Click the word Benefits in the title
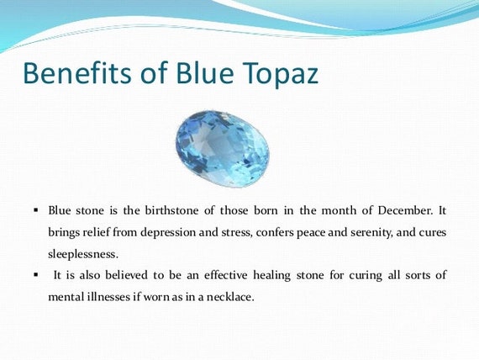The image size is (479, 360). [77, 73]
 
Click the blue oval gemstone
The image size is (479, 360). [222, 149]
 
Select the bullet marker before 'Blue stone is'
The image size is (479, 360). [36, 210]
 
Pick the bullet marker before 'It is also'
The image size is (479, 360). [36, 275]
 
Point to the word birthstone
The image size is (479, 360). [171, 210]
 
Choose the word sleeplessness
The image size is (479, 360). [83, 254]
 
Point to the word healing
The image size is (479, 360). [271, 276]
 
